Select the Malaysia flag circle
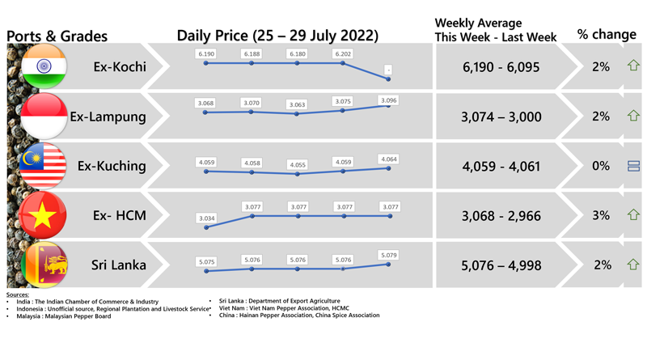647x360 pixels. click(44, 166)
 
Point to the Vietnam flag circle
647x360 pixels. click(44, 215)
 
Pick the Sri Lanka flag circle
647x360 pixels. click(44, 265)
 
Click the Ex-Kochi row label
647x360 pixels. click(120, 67)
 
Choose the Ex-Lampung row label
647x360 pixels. click(108, 116)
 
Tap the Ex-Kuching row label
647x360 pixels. click(112, 166)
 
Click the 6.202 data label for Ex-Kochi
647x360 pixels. click(343, 53)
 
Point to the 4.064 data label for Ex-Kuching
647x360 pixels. click(388, 159)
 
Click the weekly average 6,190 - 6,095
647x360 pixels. click(501, 67)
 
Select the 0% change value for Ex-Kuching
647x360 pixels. click(600, 166)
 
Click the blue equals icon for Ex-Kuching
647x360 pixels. click(633, 166)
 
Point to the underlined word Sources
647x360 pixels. click(17, 295)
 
